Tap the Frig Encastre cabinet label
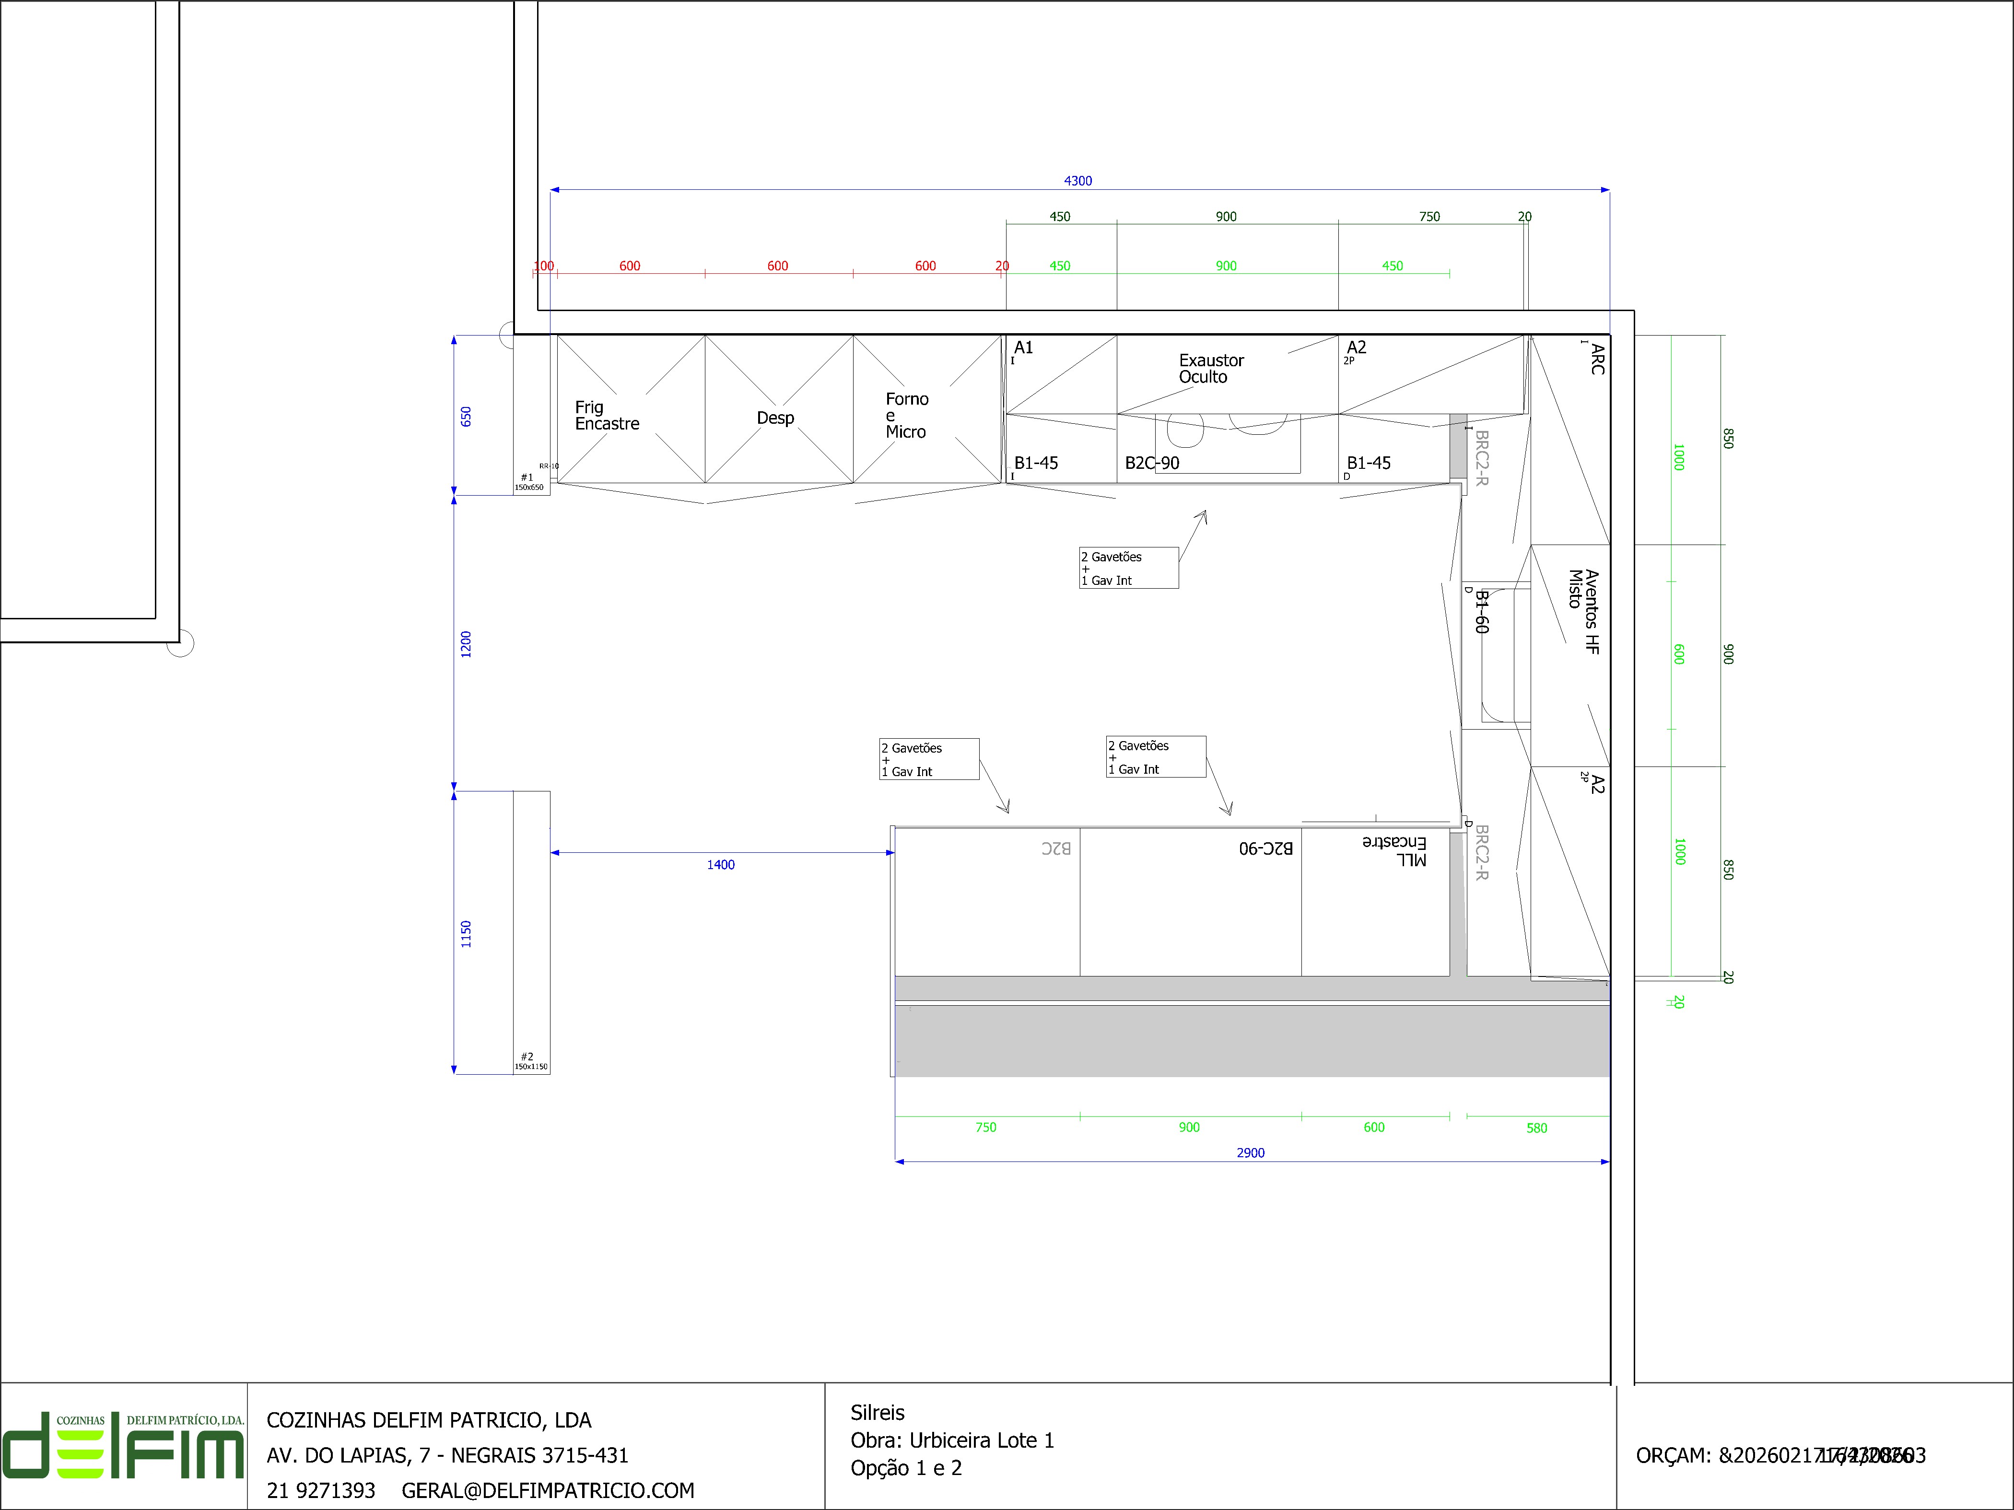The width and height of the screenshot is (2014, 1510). [607, 415]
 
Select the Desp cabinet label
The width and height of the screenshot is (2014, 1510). [775, 418]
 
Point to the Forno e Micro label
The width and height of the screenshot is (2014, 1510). [907, 415]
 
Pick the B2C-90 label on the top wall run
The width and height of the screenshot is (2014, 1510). [1152, 463]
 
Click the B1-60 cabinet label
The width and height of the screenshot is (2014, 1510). [1481, 612]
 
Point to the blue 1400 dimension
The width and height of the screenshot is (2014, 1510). [720, 865]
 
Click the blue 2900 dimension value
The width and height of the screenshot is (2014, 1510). [1250, 1153]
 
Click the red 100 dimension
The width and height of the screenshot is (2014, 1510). [544, 266]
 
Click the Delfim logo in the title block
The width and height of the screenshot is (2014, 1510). [123, 1446]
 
